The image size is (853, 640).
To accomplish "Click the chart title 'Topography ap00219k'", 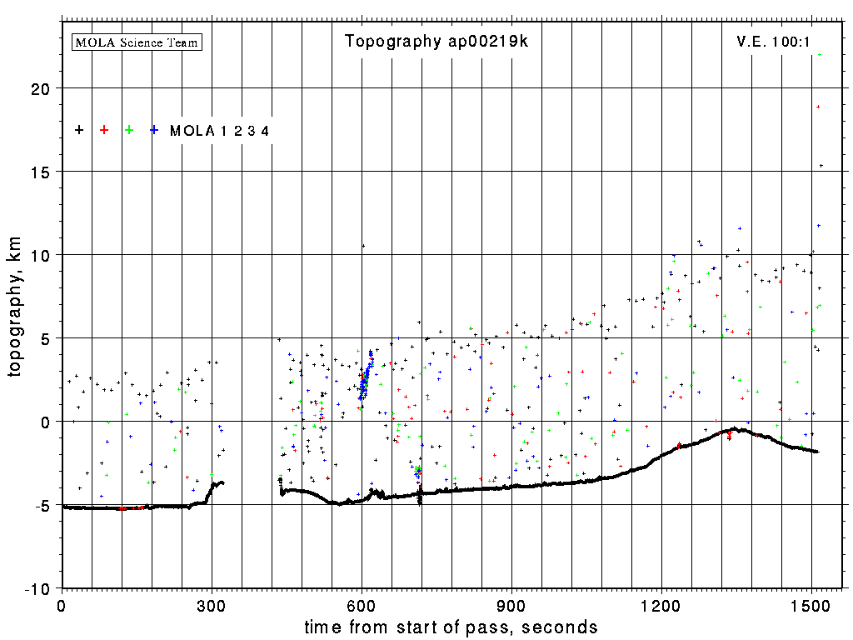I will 436,42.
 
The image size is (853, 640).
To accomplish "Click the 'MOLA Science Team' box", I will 137,42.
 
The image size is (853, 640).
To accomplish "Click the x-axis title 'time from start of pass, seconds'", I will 451,627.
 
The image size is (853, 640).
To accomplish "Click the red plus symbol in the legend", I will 104,130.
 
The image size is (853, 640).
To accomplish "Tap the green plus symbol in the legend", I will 129,130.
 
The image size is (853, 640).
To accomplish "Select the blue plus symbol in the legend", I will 154,130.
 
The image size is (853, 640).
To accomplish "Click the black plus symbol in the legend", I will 79,130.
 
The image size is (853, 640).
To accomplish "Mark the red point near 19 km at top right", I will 818,107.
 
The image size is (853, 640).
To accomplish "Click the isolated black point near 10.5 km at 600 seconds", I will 363,246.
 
